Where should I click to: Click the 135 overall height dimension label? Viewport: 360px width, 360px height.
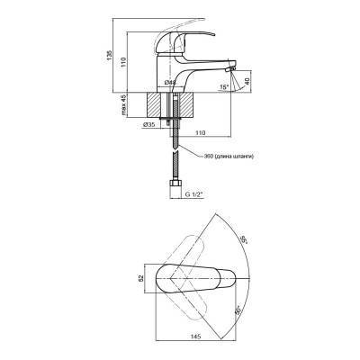(109, 55)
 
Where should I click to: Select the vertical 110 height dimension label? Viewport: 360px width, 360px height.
(124, 62)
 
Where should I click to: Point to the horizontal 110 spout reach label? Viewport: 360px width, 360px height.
(200, 132)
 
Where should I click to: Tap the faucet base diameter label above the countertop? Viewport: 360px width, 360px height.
(170, 83)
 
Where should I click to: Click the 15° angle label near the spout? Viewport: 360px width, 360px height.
(224, 87)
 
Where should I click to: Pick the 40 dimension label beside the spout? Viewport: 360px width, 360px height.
(247, 82)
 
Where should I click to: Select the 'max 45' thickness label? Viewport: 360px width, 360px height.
(124, 104)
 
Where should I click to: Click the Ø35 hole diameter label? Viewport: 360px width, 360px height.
(148, 125)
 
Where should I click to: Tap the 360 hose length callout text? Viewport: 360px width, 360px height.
(229, 156)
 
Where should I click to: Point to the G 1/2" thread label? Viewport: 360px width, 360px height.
(194, 194)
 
